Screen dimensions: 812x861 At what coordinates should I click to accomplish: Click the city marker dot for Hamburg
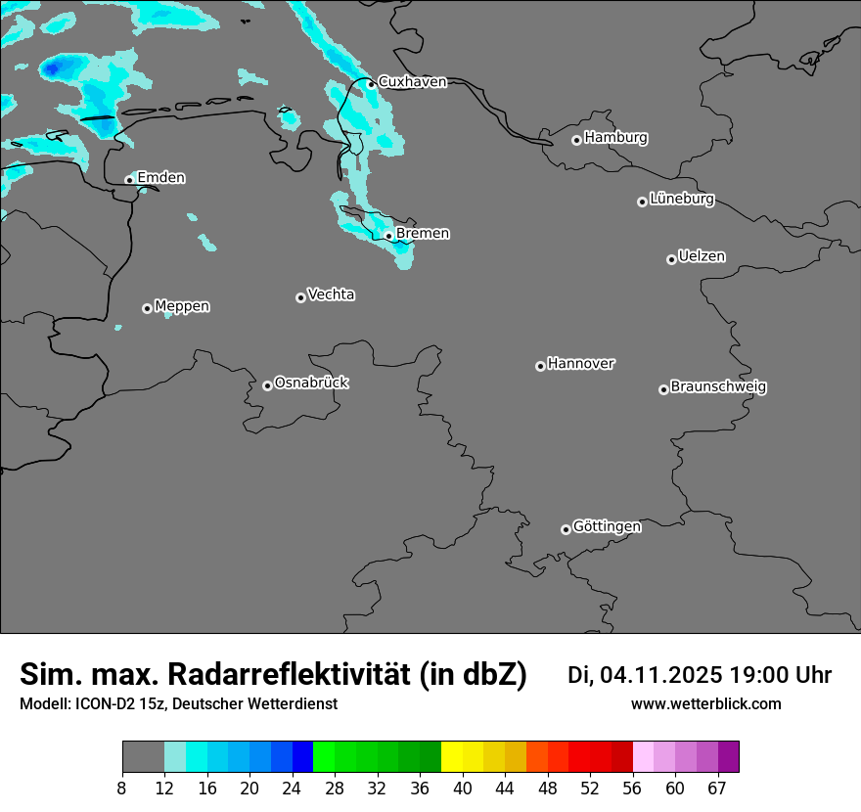576,140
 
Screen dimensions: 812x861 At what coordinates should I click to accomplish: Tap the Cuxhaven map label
412,82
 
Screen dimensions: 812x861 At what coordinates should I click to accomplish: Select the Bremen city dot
388,236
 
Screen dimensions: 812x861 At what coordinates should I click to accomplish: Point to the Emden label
160,178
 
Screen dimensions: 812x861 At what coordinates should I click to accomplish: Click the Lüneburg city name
682,200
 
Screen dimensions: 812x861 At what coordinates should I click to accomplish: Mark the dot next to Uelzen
671,259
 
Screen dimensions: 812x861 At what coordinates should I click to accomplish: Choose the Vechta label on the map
331,294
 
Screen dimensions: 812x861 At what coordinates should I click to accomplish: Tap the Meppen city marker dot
147,308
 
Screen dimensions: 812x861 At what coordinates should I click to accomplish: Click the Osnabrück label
311,383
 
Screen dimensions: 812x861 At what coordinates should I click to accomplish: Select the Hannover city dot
540,366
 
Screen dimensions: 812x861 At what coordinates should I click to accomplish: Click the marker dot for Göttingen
566,529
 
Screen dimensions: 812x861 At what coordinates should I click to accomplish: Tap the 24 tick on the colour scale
292,789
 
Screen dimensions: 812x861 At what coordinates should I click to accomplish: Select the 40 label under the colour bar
463,789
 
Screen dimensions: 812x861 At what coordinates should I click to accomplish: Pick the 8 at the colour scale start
122,789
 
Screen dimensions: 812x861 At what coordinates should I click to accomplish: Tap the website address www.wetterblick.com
705,704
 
